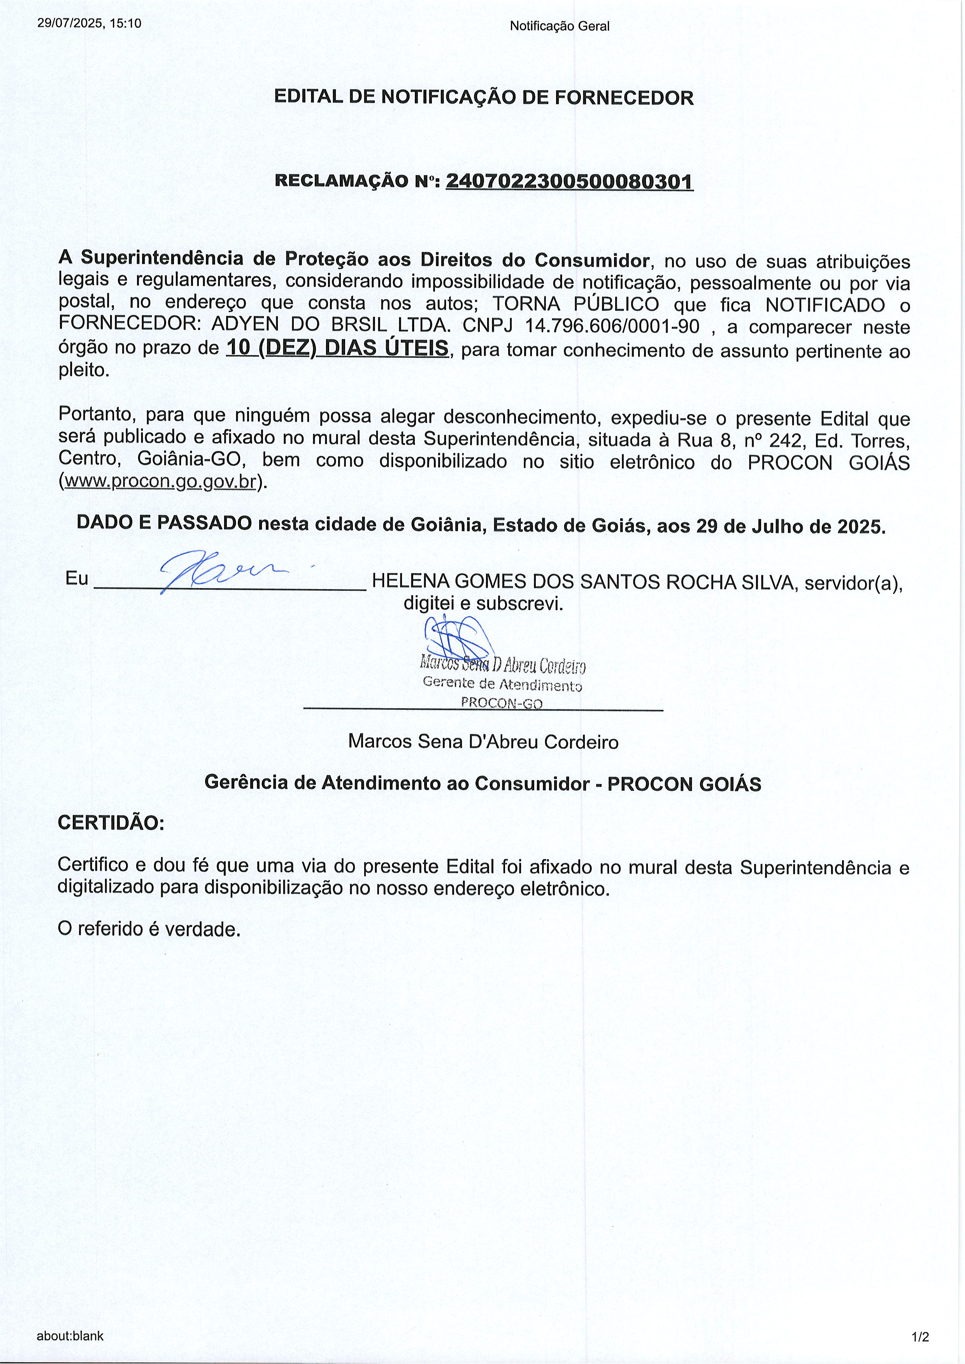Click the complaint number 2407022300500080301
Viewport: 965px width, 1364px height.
[569, 181]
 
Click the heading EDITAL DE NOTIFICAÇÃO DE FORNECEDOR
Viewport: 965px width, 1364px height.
[484, 97]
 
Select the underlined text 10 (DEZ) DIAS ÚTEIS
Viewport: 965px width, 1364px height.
[337, 348]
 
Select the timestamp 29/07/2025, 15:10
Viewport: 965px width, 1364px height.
[89, 24]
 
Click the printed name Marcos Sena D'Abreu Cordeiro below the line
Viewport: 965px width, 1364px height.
[483, 741]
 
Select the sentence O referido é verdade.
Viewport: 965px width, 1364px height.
[149, 929]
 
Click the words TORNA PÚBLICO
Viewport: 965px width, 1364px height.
[575, 304]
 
